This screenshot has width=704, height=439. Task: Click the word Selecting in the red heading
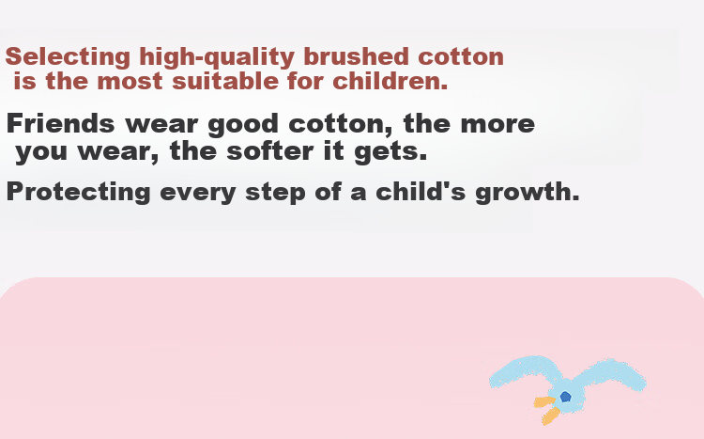tap(68, 57)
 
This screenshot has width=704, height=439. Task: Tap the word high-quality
tap(217, 57)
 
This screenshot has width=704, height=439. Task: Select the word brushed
tap(357, 56)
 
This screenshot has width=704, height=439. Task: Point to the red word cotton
tap(461, 57)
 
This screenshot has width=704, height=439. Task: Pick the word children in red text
tap(390, 81)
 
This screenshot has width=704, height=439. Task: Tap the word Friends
tap(61, 123)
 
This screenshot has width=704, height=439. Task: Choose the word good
tap(243, 125)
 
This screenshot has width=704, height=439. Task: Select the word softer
tap(269, 150)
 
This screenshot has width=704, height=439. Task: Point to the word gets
tap(390, 151)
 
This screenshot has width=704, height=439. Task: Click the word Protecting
tap(79, 192)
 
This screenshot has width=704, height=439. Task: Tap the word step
tap(275, 193)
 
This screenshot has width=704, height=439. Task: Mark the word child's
tap(421, 191)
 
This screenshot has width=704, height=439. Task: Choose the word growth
tap(528, 192)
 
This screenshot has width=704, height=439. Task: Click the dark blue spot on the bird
tap(566, 397)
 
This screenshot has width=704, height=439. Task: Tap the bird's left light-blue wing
tap(523, 371)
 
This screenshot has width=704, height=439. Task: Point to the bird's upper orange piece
tap(544, 401)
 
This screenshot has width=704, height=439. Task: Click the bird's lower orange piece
tap(550, 416)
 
